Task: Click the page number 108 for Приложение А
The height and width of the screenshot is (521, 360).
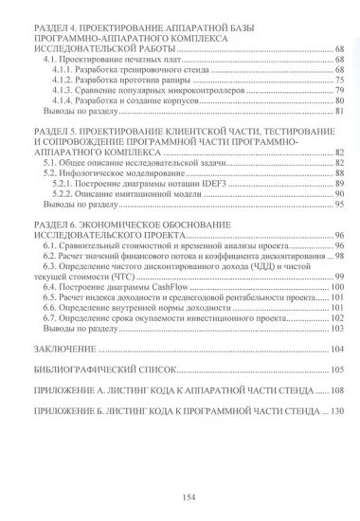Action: [x=333, y=388]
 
